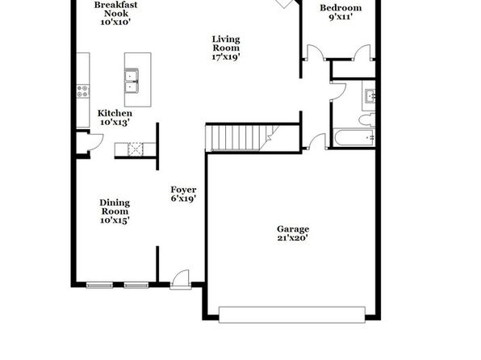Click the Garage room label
click(293, 229)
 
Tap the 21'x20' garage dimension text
click(293, 238)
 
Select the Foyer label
click(183, 190)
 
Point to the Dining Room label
click(115, 207)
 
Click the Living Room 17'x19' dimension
click(226, 57)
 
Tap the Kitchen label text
click(115, 113)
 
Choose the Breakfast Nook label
click(115, 9)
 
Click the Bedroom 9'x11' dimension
click(341, 17)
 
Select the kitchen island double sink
click(132, 81)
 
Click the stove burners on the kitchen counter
click(83, 91)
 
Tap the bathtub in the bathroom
click(354, 138)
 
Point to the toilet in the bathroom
click(367, 119)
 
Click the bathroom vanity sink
click(369, 95)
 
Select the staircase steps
click(242, 138)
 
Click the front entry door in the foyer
click(181, 279)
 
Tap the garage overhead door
click(292, 315)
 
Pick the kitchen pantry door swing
click(94, 141)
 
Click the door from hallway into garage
click(316, 141)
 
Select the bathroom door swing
click(338, 91)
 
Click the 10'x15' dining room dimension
click(115, 220)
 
